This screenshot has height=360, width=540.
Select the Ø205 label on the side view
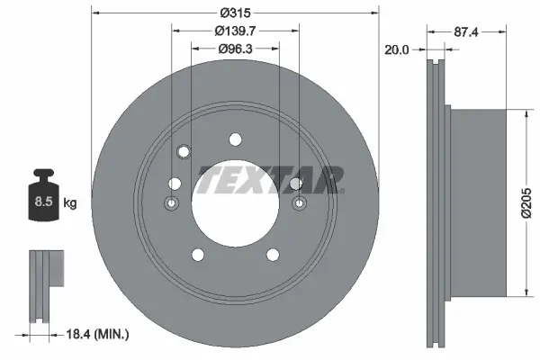click(531, 201)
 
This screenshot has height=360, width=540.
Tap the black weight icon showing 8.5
click(43, 195)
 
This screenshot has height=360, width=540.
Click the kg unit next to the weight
click(70, 203)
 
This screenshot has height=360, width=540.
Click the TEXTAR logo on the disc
click(268, 180)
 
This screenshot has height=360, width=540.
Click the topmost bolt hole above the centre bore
click(235, 139)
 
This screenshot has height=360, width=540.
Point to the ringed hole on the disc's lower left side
click(171, 204)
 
